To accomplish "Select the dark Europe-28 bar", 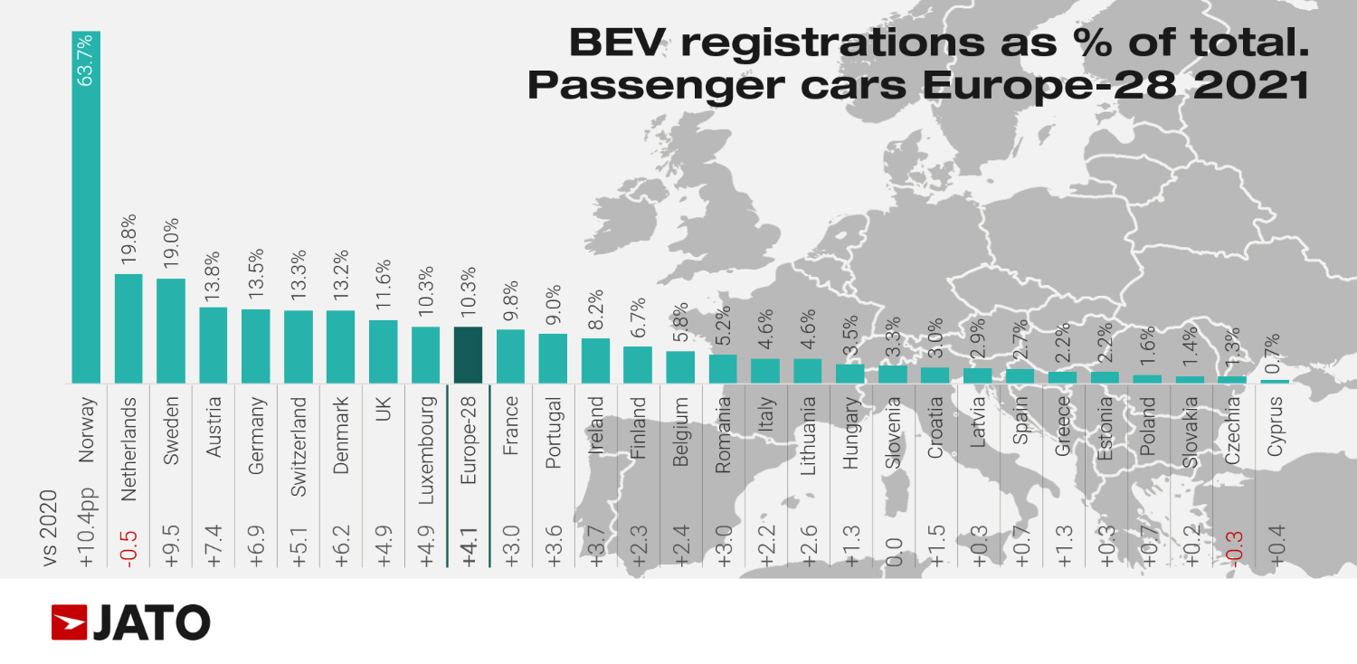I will click(x=468, y=355).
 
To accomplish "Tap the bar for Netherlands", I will click(x=128, y=328).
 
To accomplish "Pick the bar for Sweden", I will click(x=171, y=330).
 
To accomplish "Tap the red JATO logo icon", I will click(x=69, y=622).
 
